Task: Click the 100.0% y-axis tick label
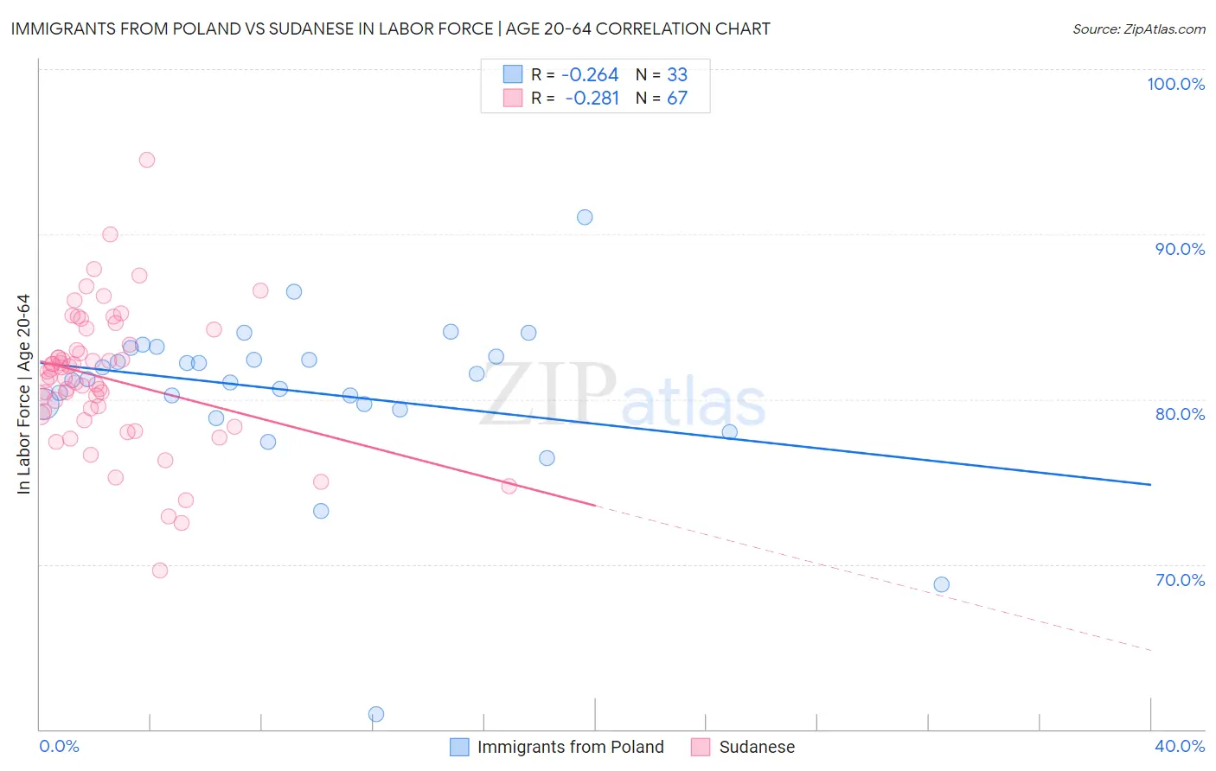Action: coord(1175,84)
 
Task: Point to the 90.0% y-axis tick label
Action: coord(1180,249)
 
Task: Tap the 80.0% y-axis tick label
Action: coord(1180,414)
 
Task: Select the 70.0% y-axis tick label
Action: coord(1180,580)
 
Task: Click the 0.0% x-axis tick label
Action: coord(59,746)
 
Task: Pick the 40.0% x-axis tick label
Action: coord(1180,746)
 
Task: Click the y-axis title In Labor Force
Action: coord(23,394)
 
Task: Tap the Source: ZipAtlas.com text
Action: coord(1138,29)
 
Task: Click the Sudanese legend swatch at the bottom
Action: coord(701,747)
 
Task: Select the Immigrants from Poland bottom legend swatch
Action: coord(459,747)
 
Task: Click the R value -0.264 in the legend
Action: coord(590,74)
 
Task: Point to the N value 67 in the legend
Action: coord(677,98)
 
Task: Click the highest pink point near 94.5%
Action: coord(147,160)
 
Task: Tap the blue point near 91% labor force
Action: coord(585,217)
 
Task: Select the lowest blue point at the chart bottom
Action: coord(376,714)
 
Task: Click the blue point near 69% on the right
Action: coord(942,584)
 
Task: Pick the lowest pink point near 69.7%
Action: coord(160,570)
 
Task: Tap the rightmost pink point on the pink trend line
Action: coord(509,487)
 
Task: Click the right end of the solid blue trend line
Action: coord(1150,485)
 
